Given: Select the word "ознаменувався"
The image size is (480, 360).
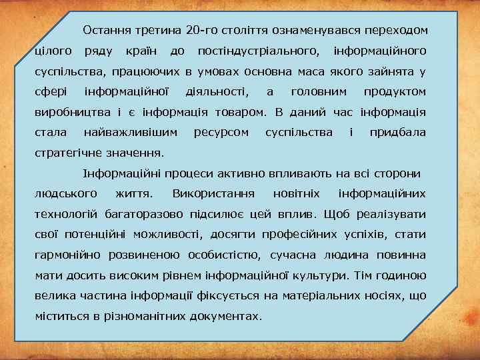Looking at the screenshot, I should point(307,31).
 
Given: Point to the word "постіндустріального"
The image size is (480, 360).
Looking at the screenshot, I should point(257,51).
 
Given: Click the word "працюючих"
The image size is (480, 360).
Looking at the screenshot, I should point(149,71).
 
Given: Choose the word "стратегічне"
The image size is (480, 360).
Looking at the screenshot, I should point(66,153).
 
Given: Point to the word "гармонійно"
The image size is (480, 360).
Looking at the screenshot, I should point(67,255).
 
